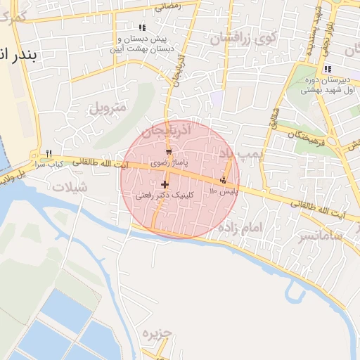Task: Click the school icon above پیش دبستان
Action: pyautogui.click(x=143, y=27)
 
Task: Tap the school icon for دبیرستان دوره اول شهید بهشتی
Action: pyautogui.click(x=327, y=69)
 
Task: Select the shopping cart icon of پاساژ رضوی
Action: pyautogui.click(x=169, y=152)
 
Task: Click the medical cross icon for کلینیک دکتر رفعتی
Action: pyautogui.click(x=165, y=184)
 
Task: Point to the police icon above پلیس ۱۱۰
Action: pyautogui.click(x=224, y=180)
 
